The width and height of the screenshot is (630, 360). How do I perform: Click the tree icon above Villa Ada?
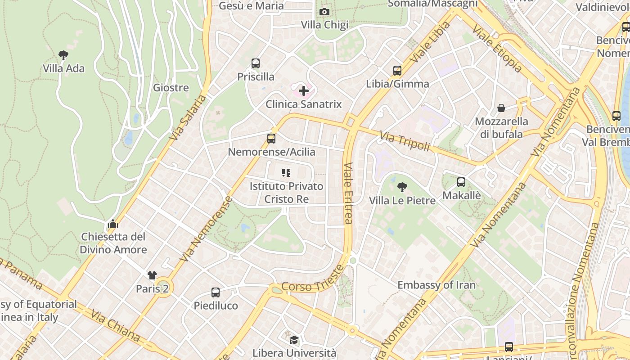[63, 55]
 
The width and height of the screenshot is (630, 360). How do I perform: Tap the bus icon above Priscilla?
[256, 63]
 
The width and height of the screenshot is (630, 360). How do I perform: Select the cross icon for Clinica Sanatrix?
[304, 91]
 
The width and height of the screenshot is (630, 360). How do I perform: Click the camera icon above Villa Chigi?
[324, 12]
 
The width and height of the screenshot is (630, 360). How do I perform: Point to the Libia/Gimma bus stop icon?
[397, 71]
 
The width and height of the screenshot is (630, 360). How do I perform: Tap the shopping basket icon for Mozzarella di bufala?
[501, 108]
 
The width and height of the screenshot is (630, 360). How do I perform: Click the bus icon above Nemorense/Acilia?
[271, 139]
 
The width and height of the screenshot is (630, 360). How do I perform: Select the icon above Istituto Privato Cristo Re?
[286, 173]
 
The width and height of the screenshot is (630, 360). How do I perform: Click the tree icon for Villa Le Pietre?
[402, 187]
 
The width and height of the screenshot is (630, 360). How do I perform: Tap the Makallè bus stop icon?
[461, 182]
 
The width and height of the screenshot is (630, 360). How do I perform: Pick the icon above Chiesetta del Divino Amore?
[113, 224]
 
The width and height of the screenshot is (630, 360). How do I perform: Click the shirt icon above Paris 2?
[152, 275]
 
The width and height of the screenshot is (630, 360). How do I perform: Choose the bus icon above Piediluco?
[216, 292]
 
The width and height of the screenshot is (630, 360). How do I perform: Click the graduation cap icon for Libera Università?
[294, 340]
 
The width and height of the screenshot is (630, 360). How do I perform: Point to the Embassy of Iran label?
[436, 285]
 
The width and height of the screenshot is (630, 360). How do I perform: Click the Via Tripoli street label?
[405, 140]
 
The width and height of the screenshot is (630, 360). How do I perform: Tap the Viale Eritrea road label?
[348, 193]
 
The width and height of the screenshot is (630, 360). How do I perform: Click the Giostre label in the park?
[171, 87]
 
